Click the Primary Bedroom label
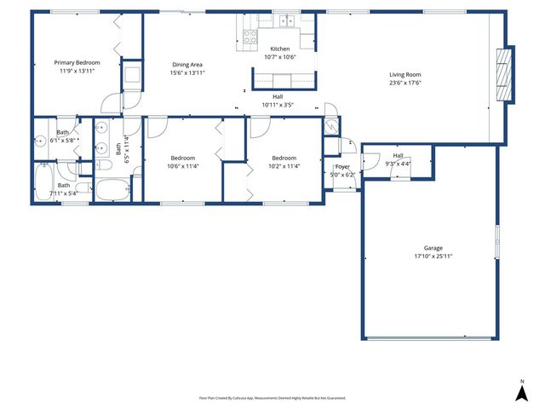point(77,63)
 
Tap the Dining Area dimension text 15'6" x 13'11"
point(187,73)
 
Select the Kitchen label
point(280,49)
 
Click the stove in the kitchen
point(250,37)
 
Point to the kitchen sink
point(288,20)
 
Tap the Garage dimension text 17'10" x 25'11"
point(433,256)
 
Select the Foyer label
point(342,167)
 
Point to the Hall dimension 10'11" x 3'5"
point(278,105)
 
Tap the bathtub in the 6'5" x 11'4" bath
point(112,190)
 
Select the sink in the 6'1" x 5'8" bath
point(41,142)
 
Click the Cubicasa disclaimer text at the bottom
point(272,398)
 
